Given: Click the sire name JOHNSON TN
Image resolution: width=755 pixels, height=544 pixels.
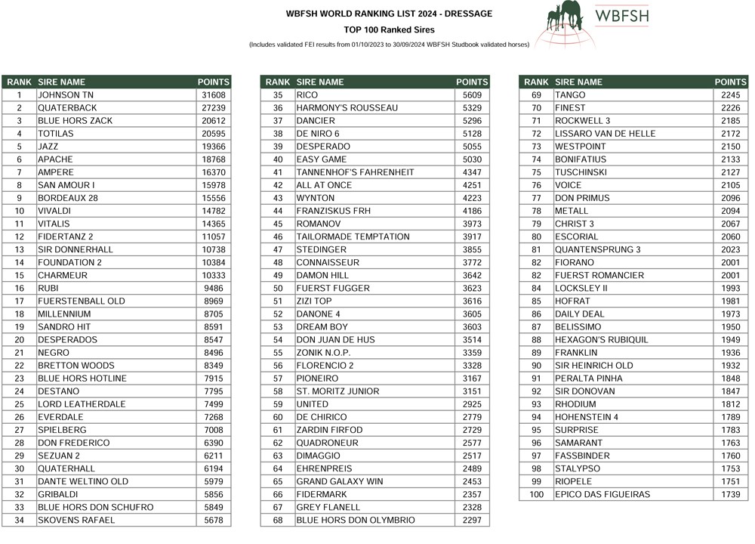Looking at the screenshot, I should click(x=66, y=95).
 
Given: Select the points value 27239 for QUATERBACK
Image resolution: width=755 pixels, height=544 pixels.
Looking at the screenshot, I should click(x=214, y=108).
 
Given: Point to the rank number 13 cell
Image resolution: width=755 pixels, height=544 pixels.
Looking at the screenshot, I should click(x=20, y=249).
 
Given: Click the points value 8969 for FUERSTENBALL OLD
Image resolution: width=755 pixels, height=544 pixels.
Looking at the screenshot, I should click(x=214, y=301).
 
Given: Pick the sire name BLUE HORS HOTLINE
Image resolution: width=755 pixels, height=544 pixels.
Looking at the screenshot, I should click(x=82, y=379).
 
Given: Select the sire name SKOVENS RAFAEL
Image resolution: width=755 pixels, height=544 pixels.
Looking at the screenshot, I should click(x=76, y=520).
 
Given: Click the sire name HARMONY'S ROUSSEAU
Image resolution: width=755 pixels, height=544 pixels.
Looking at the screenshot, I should click(x=347, y=108).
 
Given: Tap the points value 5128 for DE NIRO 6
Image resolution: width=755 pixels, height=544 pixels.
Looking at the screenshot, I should click(x=472, y=134).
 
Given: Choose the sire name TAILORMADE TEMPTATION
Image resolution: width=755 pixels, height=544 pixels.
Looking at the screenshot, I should click(x=353, y=236).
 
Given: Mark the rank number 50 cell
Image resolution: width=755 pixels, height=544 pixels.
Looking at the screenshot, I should click(x=278, y=288).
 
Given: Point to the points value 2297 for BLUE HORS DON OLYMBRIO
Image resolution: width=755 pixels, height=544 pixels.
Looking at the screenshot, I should click(x=472, y=520).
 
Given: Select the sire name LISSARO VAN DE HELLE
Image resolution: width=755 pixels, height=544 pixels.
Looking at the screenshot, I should click(x=605, y=134).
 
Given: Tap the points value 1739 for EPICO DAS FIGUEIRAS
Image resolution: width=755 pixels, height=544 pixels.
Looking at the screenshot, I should click(x=730, y=494).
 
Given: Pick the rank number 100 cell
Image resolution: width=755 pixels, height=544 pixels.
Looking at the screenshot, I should click(x=536, y=494).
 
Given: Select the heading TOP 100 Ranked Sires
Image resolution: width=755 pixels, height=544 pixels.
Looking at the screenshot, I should click(x=389, y=30).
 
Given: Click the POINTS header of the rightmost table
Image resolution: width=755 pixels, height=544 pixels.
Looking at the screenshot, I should click(x=730, y=82).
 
